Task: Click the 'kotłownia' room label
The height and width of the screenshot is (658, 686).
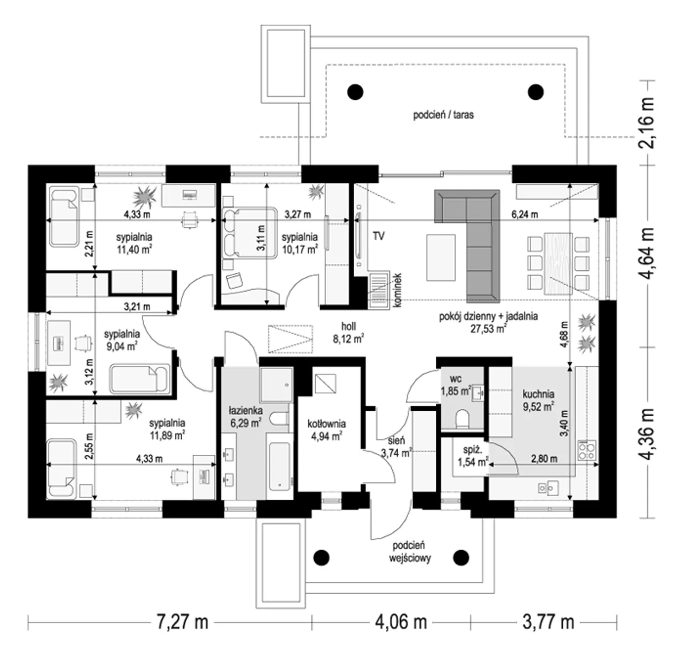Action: pos(326,423)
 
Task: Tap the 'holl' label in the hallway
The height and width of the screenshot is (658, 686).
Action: pos(348,327)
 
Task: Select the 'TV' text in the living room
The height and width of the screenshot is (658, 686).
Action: pos(378,236)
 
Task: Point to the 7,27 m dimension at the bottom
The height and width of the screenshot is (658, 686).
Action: pos(182,622)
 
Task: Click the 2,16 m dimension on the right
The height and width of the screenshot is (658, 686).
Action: pos(646,122)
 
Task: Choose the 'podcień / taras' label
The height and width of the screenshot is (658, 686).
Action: pos(443,115)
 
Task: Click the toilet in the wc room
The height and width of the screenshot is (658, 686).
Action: pos(462,419)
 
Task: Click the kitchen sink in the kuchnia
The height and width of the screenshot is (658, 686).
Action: pos(548,488)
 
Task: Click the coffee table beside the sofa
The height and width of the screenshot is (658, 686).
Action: pos(441,257)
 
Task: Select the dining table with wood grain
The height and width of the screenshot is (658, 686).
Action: pos(558,263)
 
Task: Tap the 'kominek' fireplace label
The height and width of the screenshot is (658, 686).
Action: pos(397,290)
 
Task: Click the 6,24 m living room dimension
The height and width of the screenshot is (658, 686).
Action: pos(525,214)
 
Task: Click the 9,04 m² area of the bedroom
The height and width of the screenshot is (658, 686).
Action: pos(122,346)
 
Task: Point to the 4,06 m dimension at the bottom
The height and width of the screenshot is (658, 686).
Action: pos(401,622)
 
